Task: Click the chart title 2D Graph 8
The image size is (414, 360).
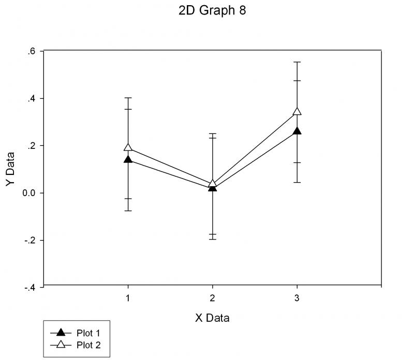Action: click(212, 11)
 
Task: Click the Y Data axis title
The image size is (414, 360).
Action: click(10, 169)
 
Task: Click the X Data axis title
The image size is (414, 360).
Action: click(212, 318)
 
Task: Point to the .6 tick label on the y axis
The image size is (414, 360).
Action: click(32, 51)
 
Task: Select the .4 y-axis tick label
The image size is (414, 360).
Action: click(32, 98)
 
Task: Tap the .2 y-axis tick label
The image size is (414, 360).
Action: click(32, 145)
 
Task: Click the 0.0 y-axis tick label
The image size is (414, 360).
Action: click(30, 193)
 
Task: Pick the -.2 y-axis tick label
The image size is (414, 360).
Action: click(31, 241)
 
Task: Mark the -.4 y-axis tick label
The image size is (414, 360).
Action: click(31, 288)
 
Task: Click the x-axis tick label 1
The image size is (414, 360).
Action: click(127, 298)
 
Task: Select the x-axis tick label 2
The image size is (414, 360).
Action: click(212, 298)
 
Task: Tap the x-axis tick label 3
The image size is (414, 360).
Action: click(297, 298)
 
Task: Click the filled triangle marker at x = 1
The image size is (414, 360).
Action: click(127, 159)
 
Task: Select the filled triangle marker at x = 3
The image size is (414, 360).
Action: click(297, 131)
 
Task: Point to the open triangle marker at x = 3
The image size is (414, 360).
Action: click(297, 112)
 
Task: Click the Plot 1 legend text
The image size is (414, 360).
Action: click(88, 333)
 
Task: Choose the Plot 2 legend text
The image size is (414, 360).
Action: click(88, 345)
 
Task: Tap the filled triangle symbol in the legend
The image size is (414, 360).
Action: click(61, 332)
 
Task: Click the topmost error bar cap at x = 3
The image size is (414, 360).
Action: click(297, 62)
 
